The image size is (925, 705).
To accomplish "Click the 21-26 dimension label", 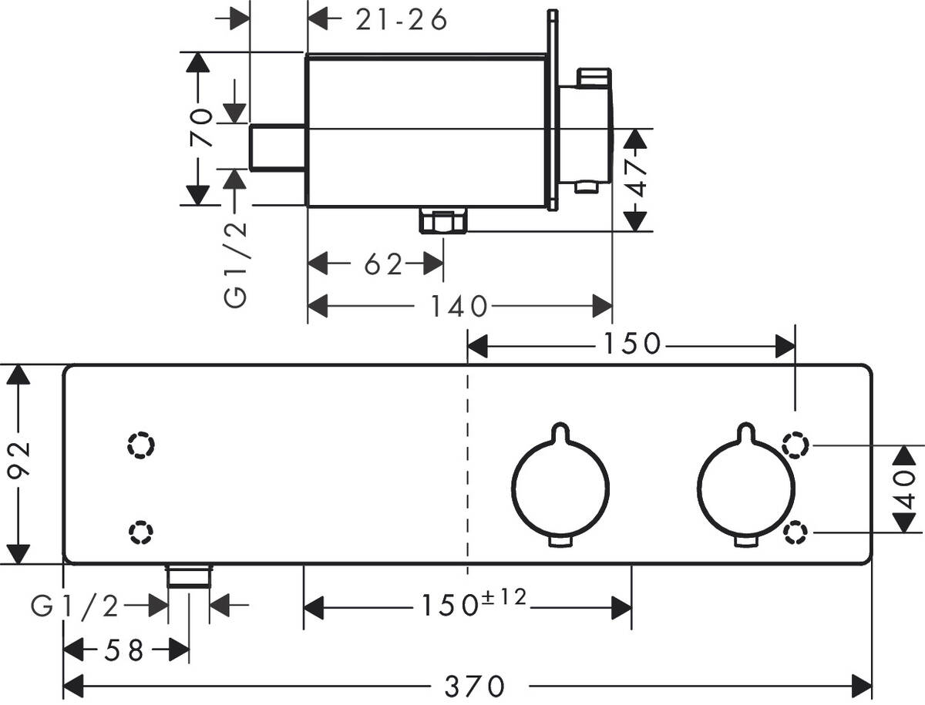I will (x=401, y=21).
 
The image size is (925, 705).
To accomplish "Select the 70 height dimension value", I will (x=200, y=128).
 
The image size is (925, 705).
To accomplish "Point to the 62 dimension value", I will (x=383, y=265).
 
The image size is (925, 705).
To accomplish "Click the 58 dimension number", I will (x=125, y=651).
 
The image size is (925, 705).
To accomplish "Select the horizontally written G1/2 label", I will (x=75, y=607).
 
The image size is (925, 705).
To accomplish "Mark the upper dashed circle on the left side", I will (x=142, y=445).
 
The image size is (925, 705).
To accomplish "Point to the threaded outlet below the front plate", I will (x=188, y=577).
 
